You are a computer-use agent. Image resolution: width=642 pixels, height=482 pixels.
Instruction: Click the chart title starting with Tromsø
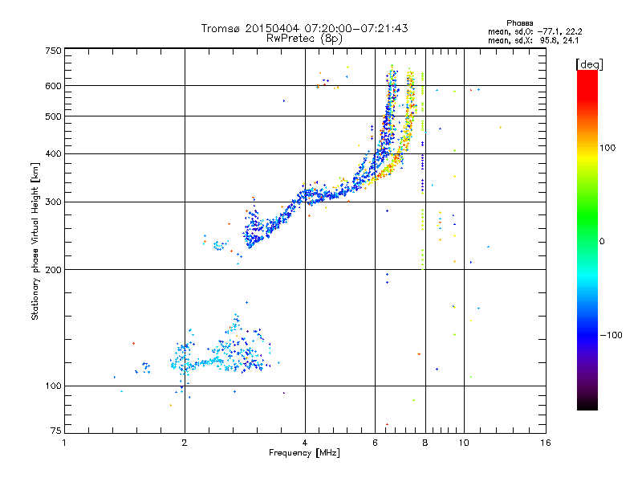coord(304,28)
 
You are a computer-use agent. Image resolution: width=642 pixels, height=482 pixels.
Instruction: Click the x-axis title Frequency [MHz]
coord(304,454)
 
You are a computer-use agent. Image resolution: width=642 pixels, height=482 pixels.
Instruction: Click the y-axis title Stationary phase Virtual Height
coord(35,241)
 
